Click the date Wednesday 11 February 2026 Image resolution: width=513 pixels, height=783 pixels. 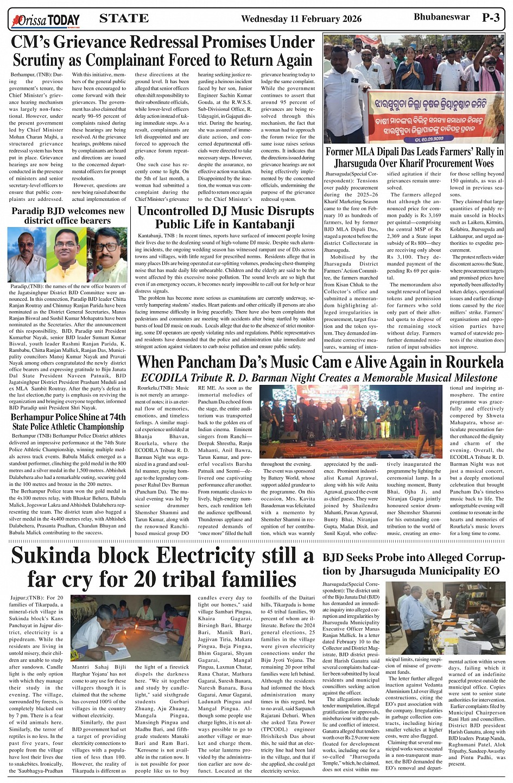coord(301,19)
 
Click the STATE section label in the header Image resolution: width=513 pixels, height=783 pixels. coord(124,18)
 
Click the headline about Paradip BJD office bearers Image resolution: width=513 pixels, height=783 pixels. coord(68,216)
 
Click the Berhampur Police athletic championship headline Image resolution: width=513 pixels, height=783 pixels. coord(68,422)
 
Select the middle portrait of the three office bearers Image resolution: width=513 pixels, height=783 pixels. coord(66,254)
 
